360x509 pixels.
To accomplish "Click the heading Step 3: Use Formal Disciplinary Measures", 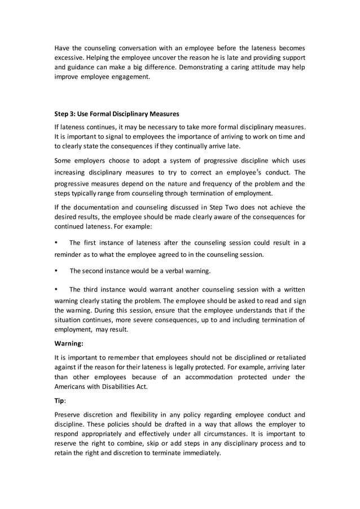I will tap(116, 113).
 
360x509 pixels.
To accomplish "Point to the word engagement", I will tap(131, 77).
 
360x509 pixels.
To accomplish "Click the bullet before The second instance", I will tap(56, 271).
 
